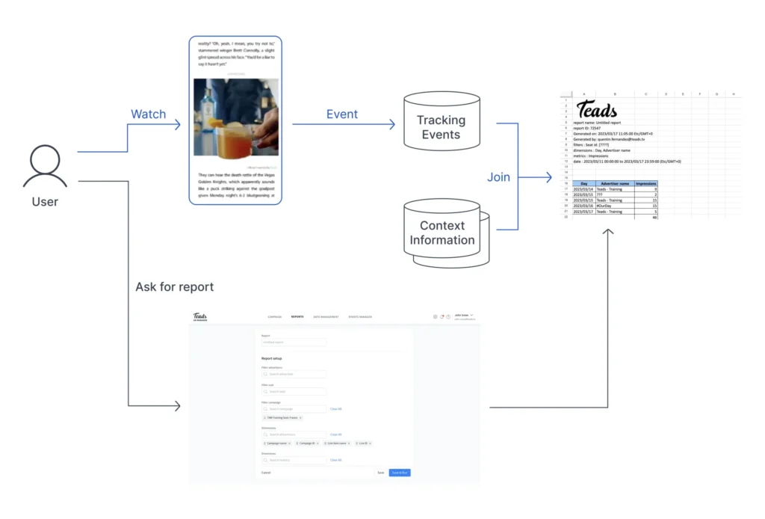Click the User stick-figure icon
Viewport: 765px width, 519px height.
click(45, 166)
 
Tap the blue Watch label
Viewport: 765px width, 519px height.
click(148, 114)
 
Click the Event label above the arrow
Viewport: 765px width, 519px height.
click(342, 114)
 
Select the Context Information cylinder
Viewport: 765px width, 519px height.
click(442, 232)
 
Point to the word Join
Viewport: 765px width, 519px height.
click(499, 177)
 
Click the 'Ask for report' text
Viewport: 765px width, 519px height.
click(174, 286)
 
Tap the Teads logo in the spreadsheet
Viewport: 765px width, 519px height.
click(597, 110)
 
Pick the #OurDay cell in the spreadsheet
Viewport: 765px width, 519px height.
click(606, 206)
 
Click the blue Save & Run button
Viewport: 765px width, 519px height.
click(400, 473)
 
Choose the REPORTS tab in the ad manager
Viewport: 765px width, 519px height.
click(297, 317)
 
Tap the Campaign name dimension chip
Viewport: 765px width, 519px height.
click(277, 443)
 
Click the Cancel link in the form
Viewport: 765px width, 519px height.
click(265, 473)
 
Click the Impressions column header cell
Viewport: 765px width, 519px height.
click(646, 182)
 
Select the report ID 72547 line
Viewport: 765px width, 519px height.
click(587, 128)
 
